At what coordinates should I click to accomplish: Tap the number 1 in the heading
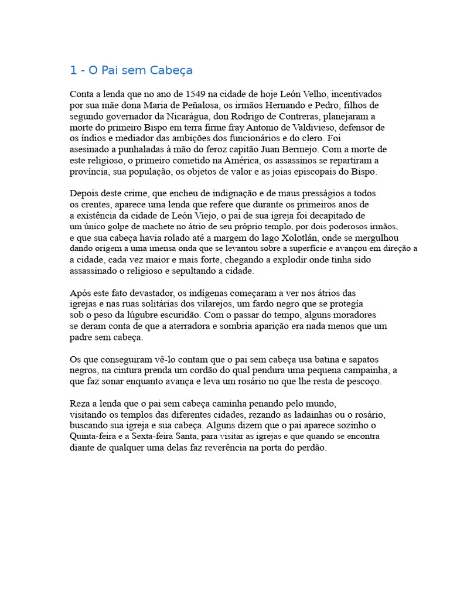(73, 70)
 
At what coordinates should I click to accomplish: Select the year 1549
(197, 94)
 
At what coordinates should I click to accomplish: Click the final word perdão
(311, 448)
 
